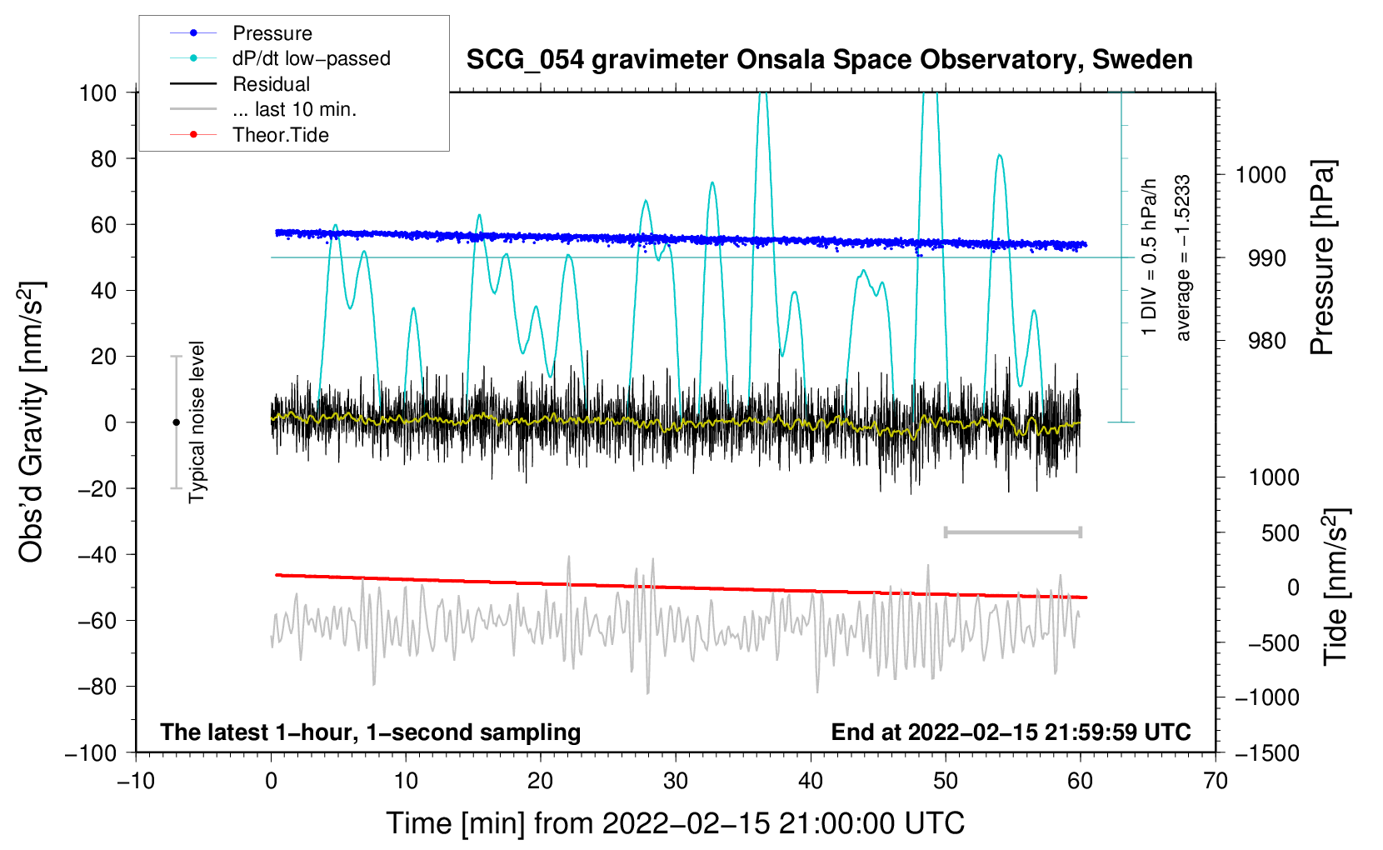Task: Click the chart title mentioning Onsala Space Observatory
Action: coord(829,60)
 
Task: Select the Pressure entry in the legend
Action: coord(272,33)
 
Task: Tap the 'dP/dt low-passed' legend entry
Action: coord(311,58)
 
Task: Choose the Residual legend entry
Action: coord(271,84)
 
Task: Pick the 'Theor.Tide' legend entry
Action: coord(280,135)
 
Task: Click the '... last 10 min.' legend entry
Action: coord(294,109)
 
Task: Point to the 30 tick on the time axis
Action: coord(676,781)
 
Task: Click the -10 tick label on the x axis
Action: coord(136,781)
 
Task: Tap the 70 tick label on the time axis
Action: coord(1216,781)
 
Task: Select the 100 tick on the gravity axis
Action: coord(97,92)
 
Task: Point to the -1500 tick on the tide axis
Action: coord(1267,752)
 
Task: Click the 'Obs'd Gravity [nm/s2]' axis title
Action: coord(31,422)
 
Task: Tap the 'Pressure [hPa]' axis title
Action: coord(1322,258)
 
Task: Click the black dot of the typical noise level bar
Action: coord(176,422)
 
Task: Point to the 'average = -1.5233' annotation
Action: coord(1183,258)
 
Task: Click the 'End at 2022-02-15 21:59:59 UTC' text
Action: coord(1011,732)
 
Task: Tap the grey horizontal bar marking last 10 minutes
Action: coord(1012,532)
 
